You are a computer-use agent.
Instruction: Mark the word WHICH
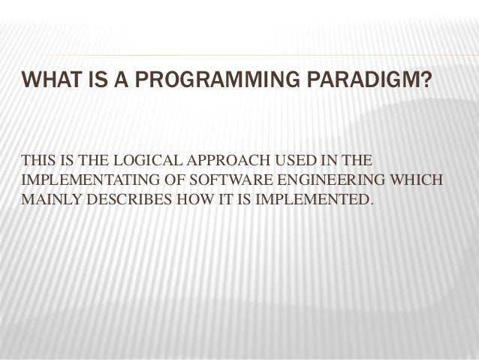coord(418,182)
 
